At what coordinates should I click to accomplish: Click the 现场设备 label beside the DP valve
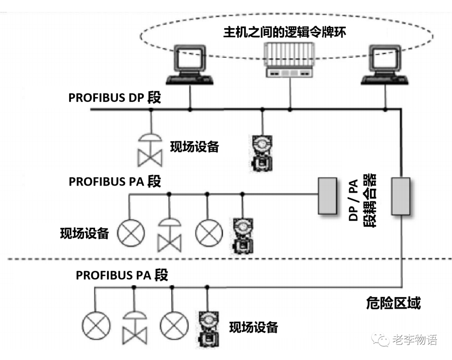pyautogui.click(x=194, y=147)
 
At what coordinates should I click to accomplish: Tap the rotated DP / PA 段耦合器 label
pyautogui.click(x=362, y=200)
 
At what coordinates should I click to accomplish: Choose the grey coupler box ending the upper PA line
pyautogui.click(x=327, y=196)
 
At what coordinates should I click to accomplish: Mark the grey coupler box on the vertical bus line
pyautogui.click(x=401, y=196)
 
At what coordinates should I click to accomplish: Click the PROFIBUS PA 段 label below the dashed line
pyautogui.click(x=122, y=275)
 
